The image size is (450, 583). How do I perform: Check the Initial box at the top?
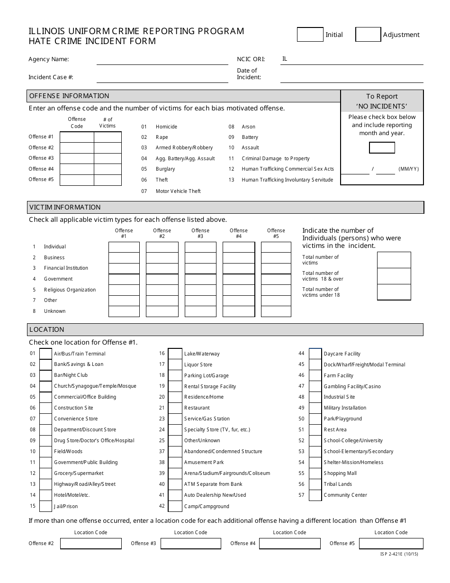pyautogui.click(x=310, y=35)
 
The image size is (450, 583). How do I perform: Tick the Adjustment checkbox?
pyautogui.click(x=368, y=35)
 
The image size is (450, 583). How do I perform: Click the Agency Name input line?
pyautogui.click(x=162, y=60)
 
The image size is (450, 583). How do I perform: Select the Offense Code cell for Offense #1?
pyautogui.click(x=77, y=137)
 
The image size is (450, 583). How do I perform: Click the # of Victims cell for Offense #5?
pyautogui.click(x=108, y=180)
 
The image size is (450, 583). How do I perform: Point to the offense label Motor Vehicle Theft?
pyautogui.click(x=178, y=191)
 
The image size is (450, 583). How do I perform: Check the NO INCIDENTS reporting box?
pyautogui.click(x=382, y=147)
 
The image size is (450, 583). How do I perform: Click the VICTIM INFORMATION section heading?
pyautogui.click(x=65, y=207)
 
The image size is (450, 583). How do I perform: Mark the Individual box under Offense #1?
pyautogui.click(x=124, y=247)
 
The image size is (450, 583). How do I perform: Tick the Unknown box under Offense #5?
pyautogui.click(x=276, y=311)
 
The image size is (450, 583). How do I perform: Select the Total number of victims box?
pyautogui.click(x=394, y=260)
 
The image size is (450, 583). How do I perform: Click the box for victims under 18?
pyautogui.click(x=394, y=292)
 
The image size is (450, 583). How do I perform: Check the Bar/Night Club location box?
pyautogui.click(x=46, y=375)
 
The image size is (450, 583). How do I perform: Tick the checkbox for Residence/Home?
pyautogui.click(x=175, y=397)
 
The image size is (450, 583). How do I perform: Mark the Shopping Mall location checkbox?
pyautogui.click(x=315, y=474)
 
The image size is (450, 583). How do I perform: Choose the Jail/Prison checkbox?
pyautogui.click(x=46, y=506)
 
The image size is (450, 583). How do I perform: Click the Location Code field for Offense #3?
pyautogui.click(x=190, y=543)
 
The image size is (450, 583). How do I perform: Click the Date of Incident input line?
pyautogui.click(x=351, y=77)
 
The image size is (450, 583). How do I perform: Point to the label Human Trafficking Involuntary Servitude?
pyautogui.click(x=287, y=180)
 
